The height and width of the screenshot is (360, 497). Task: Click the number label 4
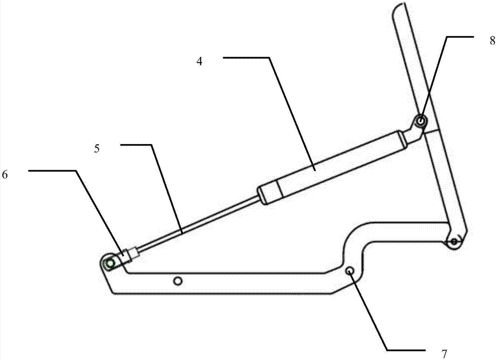coord(199,62)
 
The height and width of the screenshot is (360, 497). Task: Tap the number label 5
coord(97,149)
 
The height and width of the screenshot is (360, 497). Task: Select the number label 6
coord(5,175)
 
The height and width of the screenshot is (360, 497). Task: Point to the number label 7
coord(444,354)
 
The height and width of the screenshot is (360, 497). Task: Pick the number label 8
coord(492,40)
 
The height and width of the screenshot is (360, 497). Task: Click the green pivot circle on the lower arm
coord(110,263)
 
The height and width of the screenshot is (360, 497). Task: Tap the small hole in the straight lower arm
coord(178,281)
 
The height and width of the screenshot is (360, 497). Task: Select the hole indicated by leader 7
coord(350,271)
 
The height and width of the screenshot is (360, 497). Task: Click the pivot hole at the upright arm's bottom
coord(454,242)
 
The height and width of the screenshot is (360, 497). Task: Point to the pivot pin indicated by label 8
coord(421,120)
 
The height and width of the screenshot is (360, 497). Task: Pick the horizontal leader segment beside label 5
coord(136,145)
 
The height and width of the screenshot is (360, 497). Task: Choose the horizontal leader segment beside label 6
coord(52,171)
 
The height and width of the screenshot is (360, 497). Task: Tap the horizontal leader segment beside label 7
coord(406,350)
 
